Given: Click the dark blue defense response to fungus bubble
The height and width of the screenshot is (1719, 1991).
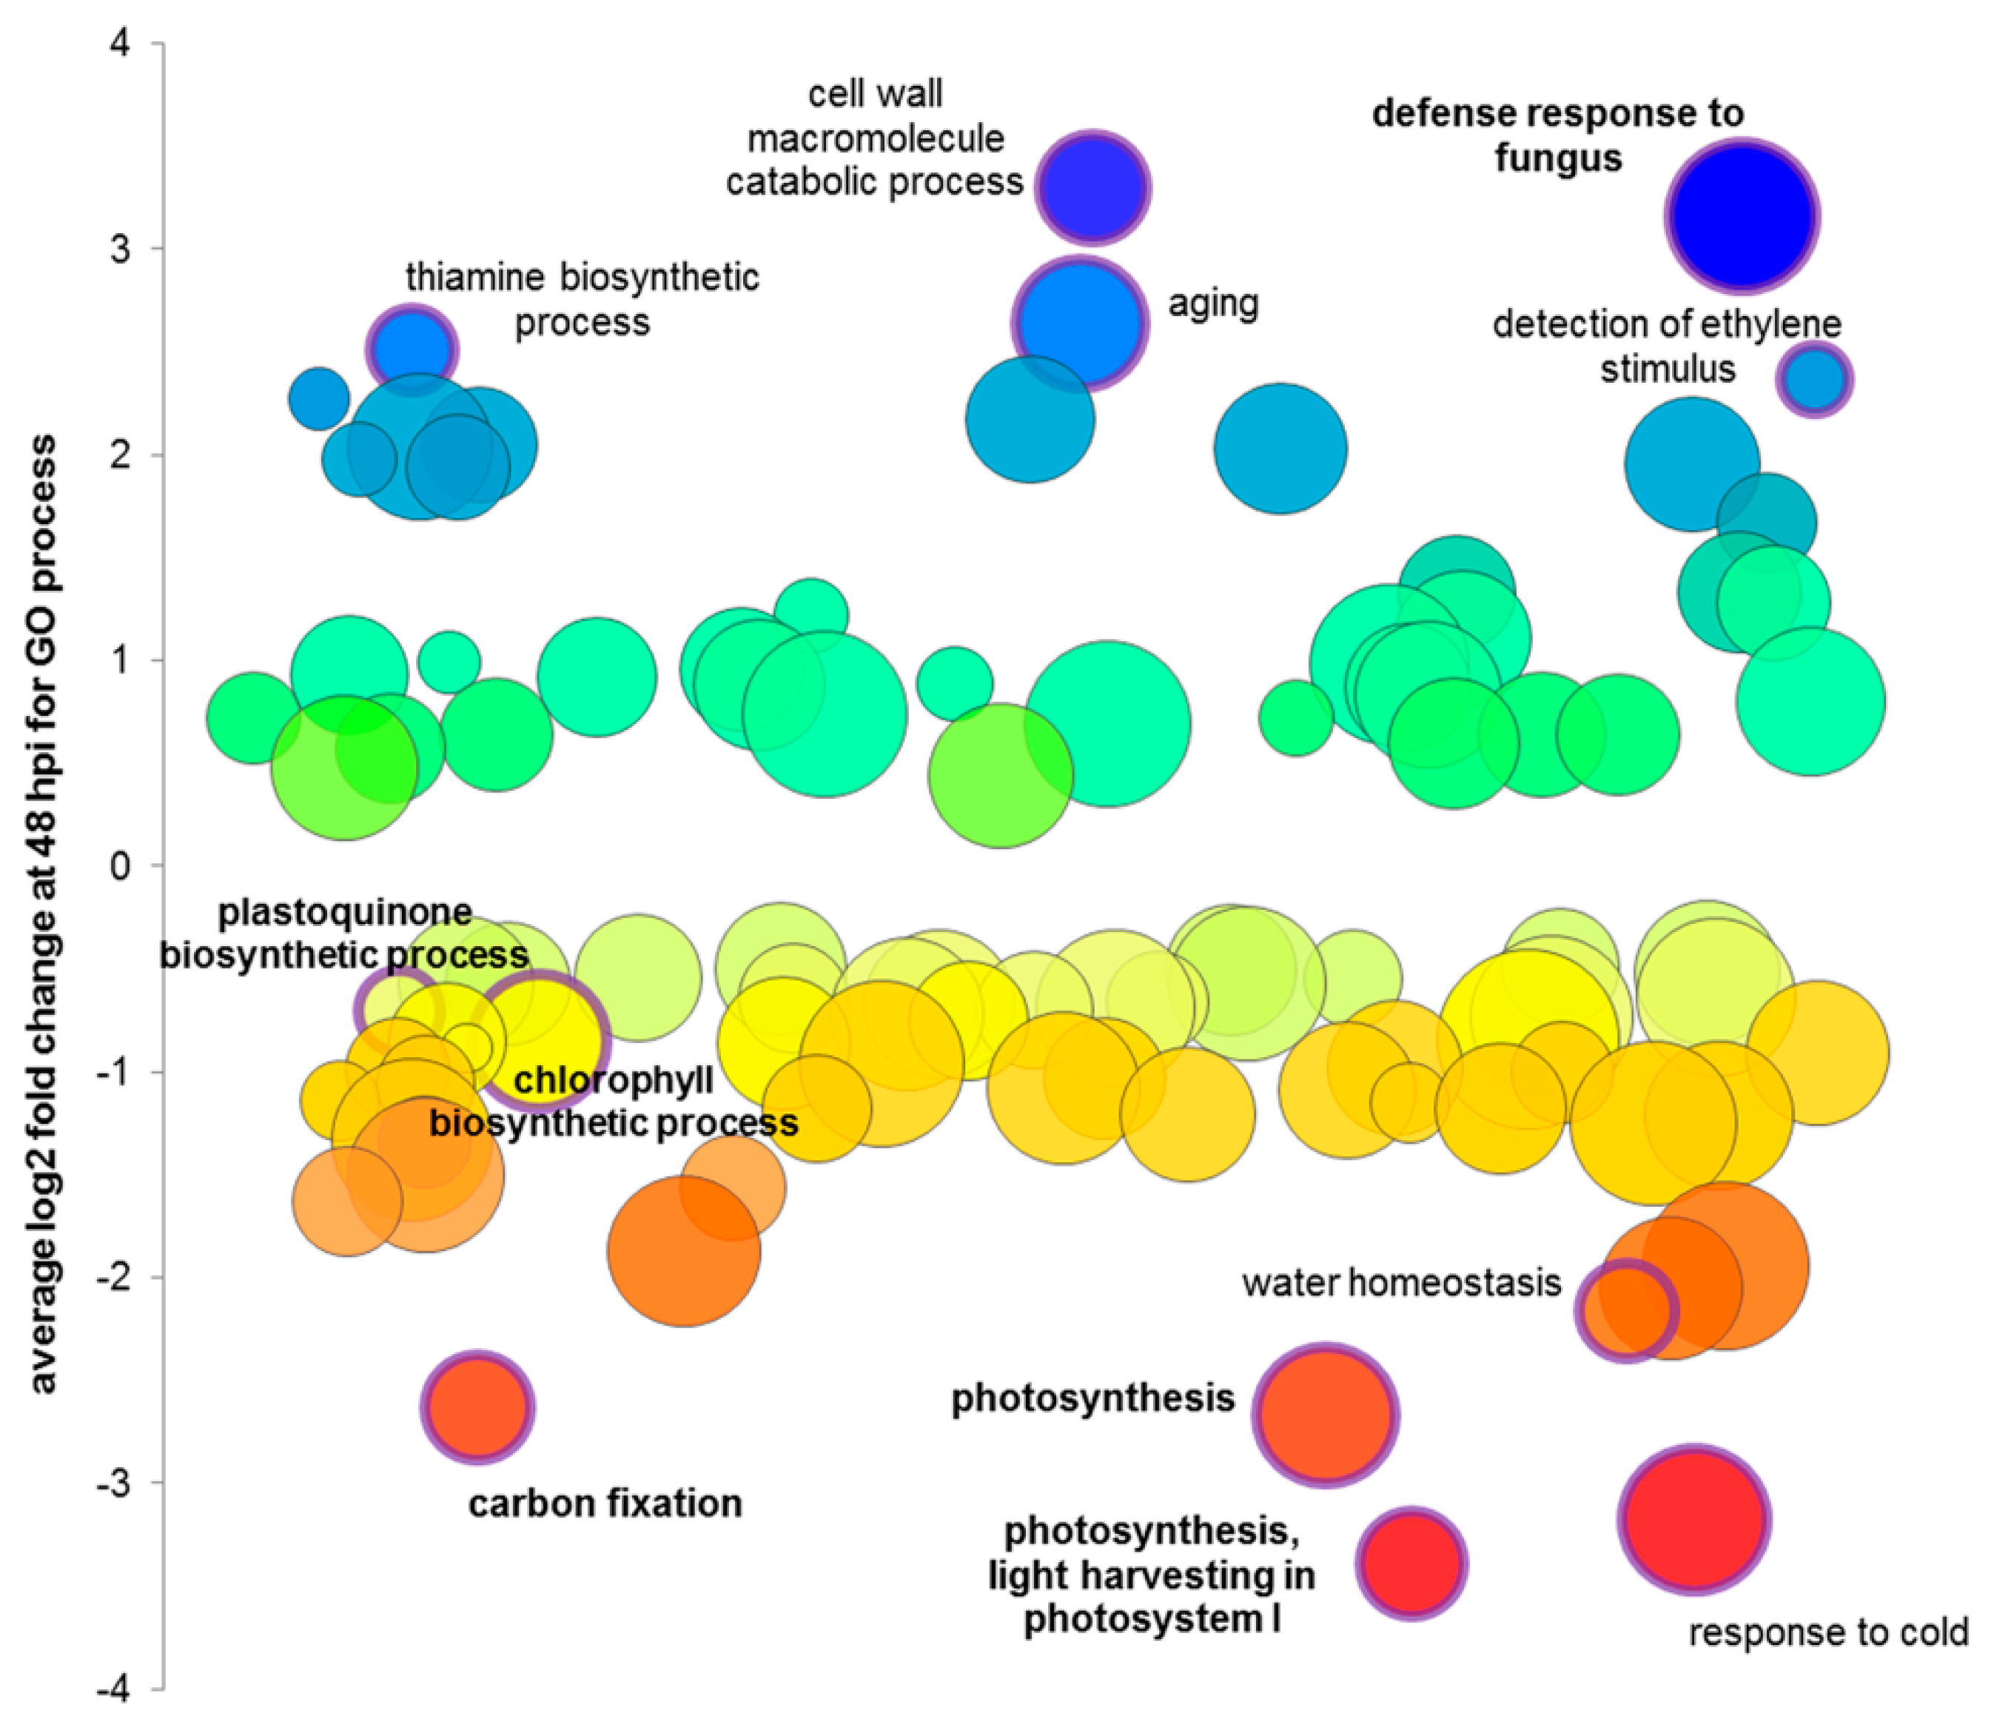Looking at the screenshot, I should (x=1741, y=215).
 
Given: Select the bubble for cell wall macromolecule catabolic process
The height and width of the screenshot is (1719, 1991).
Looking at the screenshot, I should (x=1092, y=187).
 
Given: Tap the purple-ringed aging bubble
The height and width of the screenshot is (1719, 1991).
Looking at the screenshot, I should (x=1079, y=322).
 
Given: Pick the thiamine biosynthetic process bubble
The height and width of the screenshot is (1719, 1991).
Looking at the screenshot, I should (x=412, y=349).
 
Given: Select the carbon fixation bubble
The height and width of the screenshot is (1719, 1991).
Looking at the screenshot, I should (x=477, y=1407).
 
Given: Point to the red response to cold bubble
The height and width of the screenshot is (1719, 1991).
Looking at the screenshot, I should (x=1693, y=1519).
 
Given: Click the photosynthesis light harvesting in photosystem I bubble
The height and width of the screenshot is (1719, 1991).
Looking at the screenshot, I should (x=1411, y=1564).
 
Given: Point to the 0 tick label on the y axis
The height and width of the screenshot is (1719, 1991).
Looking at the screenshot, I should (x=120, y=865).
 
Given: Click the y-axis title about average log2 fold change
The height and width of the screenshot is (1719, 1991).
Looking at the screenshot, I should (x=42, y=913).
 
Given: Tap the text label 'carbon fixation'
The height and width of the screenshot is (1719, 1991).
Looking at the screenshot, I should (x=605, y=1503).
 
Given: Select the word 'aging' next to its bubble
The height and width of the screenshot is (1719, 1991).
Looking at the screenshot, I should (x=1212, y=304).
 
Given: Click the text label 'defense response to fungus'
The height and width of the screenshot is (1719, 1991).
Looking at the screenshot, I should (x=1557, y=135).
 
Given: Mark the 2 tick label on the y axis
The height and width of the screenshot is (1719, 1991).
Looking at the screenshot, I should (x=120, y=455).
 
